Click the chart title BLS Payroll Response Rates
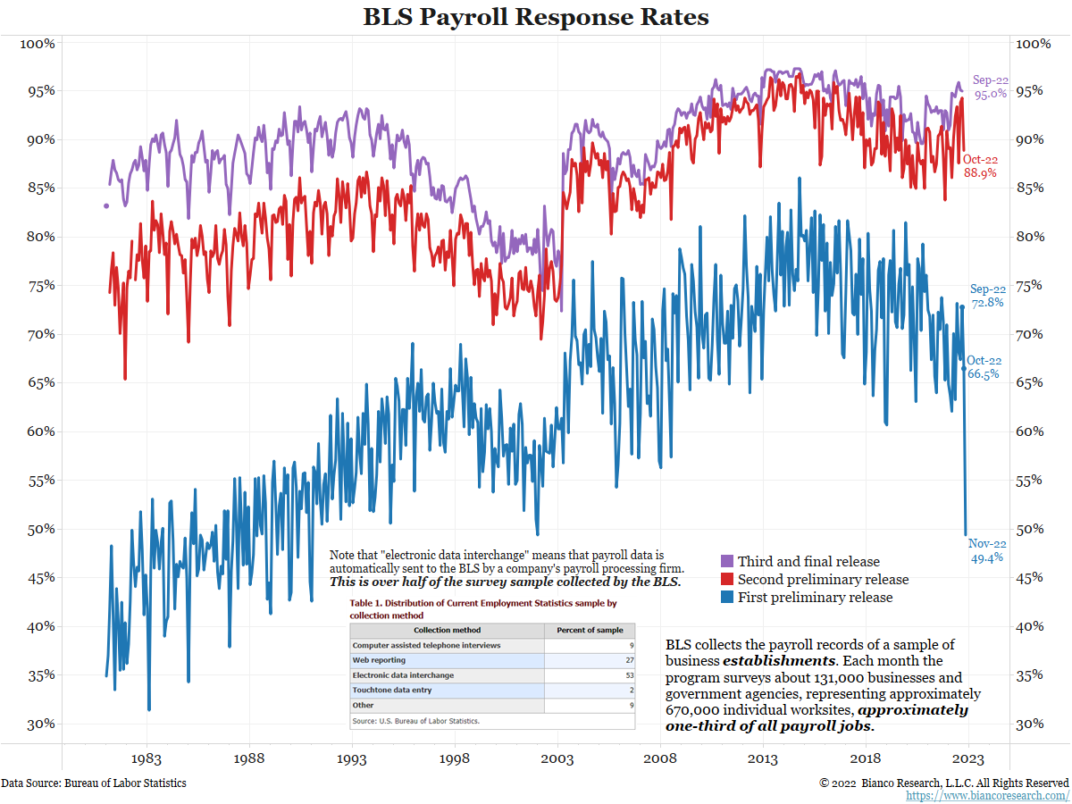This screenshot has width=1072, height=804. point(536,17)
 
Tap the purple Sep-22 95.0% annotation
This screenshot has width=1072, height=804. point(990,87)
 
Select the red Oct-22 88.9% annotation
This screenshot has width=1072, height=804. point(981,166)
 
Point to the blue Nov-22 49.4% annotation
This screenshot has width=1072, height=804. point(986,550)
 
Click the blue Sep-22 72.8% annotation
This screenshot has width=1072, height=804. point(987,296)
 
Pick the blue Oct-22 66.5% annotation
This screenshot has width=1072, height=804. point(984,367)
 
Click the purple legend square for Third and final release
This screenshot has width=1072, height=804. point(727,562)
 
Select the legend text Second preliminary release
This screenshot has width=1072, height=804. point(823,580)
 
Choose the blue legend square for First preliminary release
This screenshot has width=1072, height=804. point(727,598)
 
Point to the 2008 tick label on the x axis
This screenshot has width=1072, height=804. point(660,759)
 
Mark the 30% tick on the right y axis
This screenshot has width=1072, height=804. point(1034,724)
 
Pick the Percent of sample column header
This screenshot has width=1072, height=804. point(590,630)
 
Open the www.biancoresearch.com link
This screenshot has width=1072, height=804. point(987,795)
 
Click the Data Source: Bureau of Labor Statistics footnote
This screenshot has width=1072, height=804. point(94,783)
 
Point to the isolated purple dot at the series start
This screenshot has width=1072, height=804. point(105,206)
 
